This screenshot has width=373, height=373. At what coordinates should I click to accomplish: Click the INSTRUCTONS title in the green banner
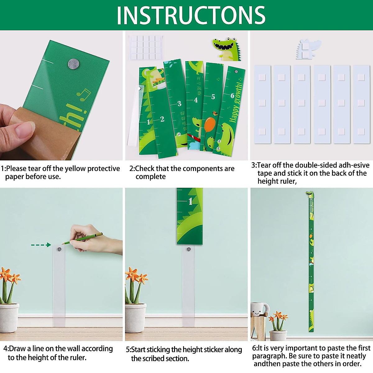pos(191,15)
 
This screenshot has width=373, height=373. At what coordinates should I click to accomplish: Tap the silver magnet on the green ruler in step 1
pos(73,63)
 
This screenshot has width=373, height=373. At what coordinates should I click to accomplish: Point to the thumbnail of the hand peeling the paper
pos(61,95)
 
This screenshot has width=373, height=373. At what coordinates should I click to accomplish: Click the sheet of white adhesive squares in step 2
pos(146,47)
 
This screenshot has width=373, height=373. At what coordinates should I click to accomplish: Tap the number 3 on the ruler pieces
pos(179,104)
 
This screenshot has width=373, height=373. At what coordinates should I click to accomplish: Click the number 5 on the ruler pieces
pos(213,97)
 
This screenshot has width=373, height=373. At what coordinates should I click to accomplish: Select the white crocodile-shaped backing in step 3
pos(306,49)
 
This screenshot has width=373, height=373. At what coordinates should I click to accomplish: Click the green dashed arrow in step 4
pos(41,245)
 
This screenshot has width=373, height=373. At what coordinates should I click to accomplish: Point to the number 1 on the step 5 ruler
pos(191,201)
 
